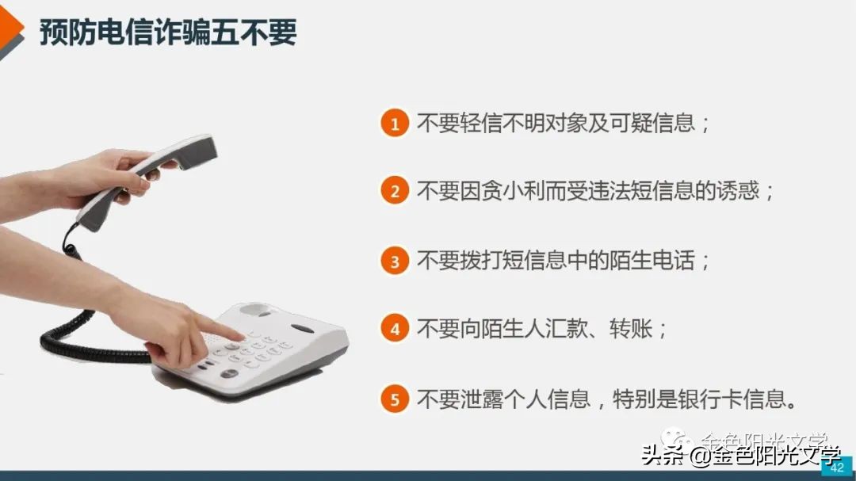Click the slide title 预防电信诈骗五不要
point(168,32)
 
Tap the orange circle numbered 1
point(394,124)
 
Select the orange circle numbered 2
point(394,192)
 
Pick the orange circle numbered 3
point(394,261)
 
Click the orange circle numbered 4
point(394,329)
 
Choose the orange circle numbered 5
point(394,399)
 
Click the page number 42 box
point(836,468)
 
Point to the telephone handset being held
point(151,178)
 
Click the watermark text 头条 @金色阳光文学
point(740,456)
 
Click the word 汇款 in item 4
point(567,329)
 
